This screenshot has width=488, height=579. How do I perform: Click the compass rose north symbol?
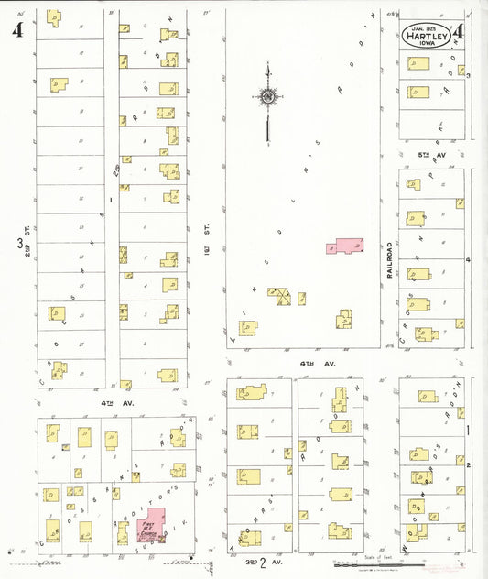pos(266,96)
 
